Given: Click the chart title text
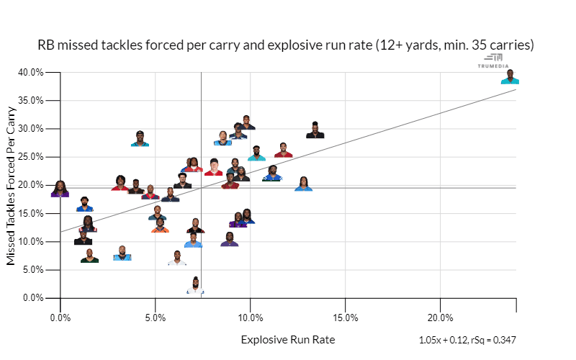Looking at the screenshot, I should pos(285,45).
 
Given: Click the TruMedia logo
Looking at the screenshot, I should pos(493,60).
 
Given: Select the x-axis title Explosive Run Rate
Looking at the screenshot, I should pos(287,339).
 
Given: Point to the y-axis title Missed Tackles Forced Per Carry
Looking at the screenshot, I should pos(12,186).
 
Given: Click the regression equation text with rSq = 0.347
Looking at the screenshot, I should pos(467,340).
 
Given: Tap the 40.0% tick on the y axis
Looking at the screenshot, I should pos(30,72).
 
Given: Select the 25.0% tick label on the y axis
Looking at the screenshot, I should pos(30,157).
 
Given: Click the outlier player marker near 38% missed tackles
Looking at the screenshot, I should pos(510,77).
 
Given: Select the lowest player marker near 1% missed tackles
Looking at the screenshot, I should pos(195,286).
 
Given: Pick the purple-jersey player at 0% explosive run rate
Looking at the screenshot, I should pos(60,189).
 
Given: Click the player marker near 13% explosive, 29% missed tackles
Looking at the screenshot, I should pos(315,130).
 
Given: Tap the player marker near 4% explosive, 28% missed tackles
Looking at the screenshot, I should pos(140,139).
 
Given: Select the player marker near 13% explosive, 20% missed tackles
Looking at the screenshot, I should pos(304,184).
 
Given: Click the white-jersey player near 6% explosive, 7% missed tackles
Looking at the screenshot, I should pos(177,258).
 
